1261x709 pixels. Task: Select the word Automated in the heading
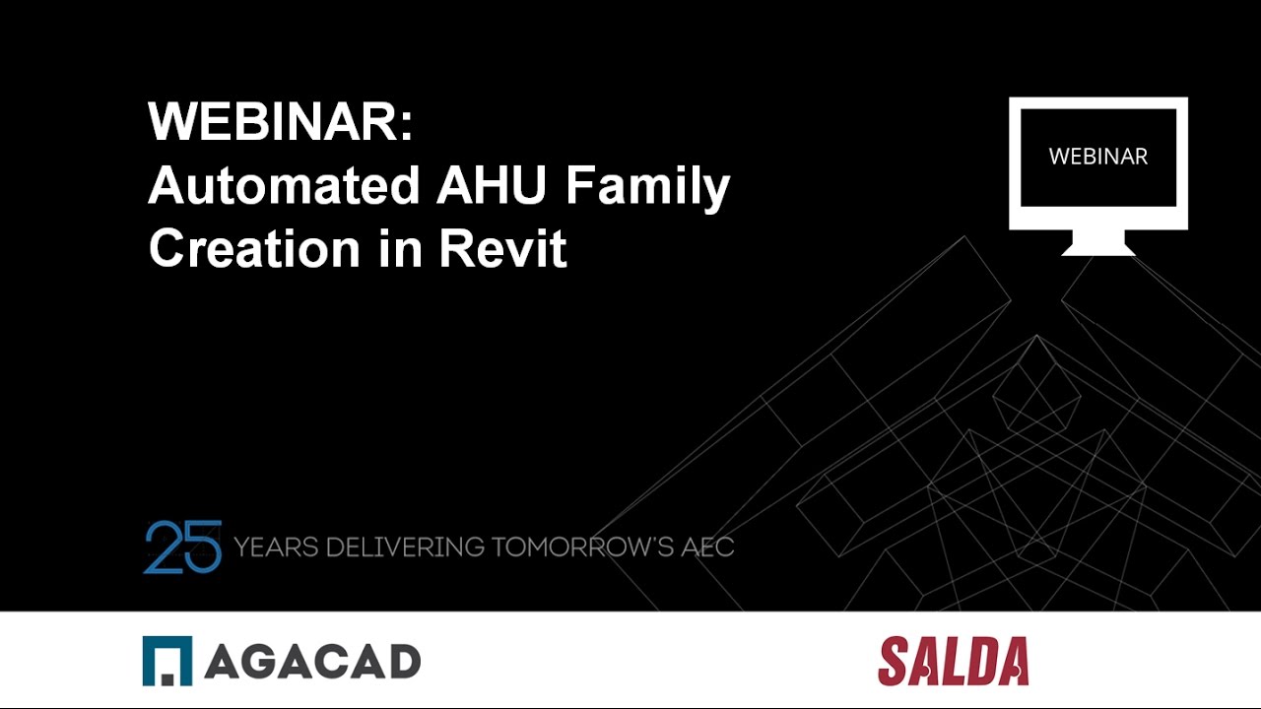tap(280, 186)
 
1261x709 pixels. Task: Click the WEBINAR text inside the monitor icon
tap(1097, 158)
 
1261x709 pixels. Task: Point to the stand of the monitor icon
tap(1097, 243)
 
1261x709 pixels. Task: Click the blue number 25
tap(182, 547)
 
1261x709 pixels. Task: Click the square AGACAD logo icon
tap(167, 661)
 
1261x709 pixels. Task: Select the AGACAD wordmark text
tap(312, 662)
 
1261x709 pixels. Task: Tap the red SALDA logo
tap(953, 661)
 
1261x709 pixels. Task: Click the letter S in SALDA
tap(893, 661)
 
